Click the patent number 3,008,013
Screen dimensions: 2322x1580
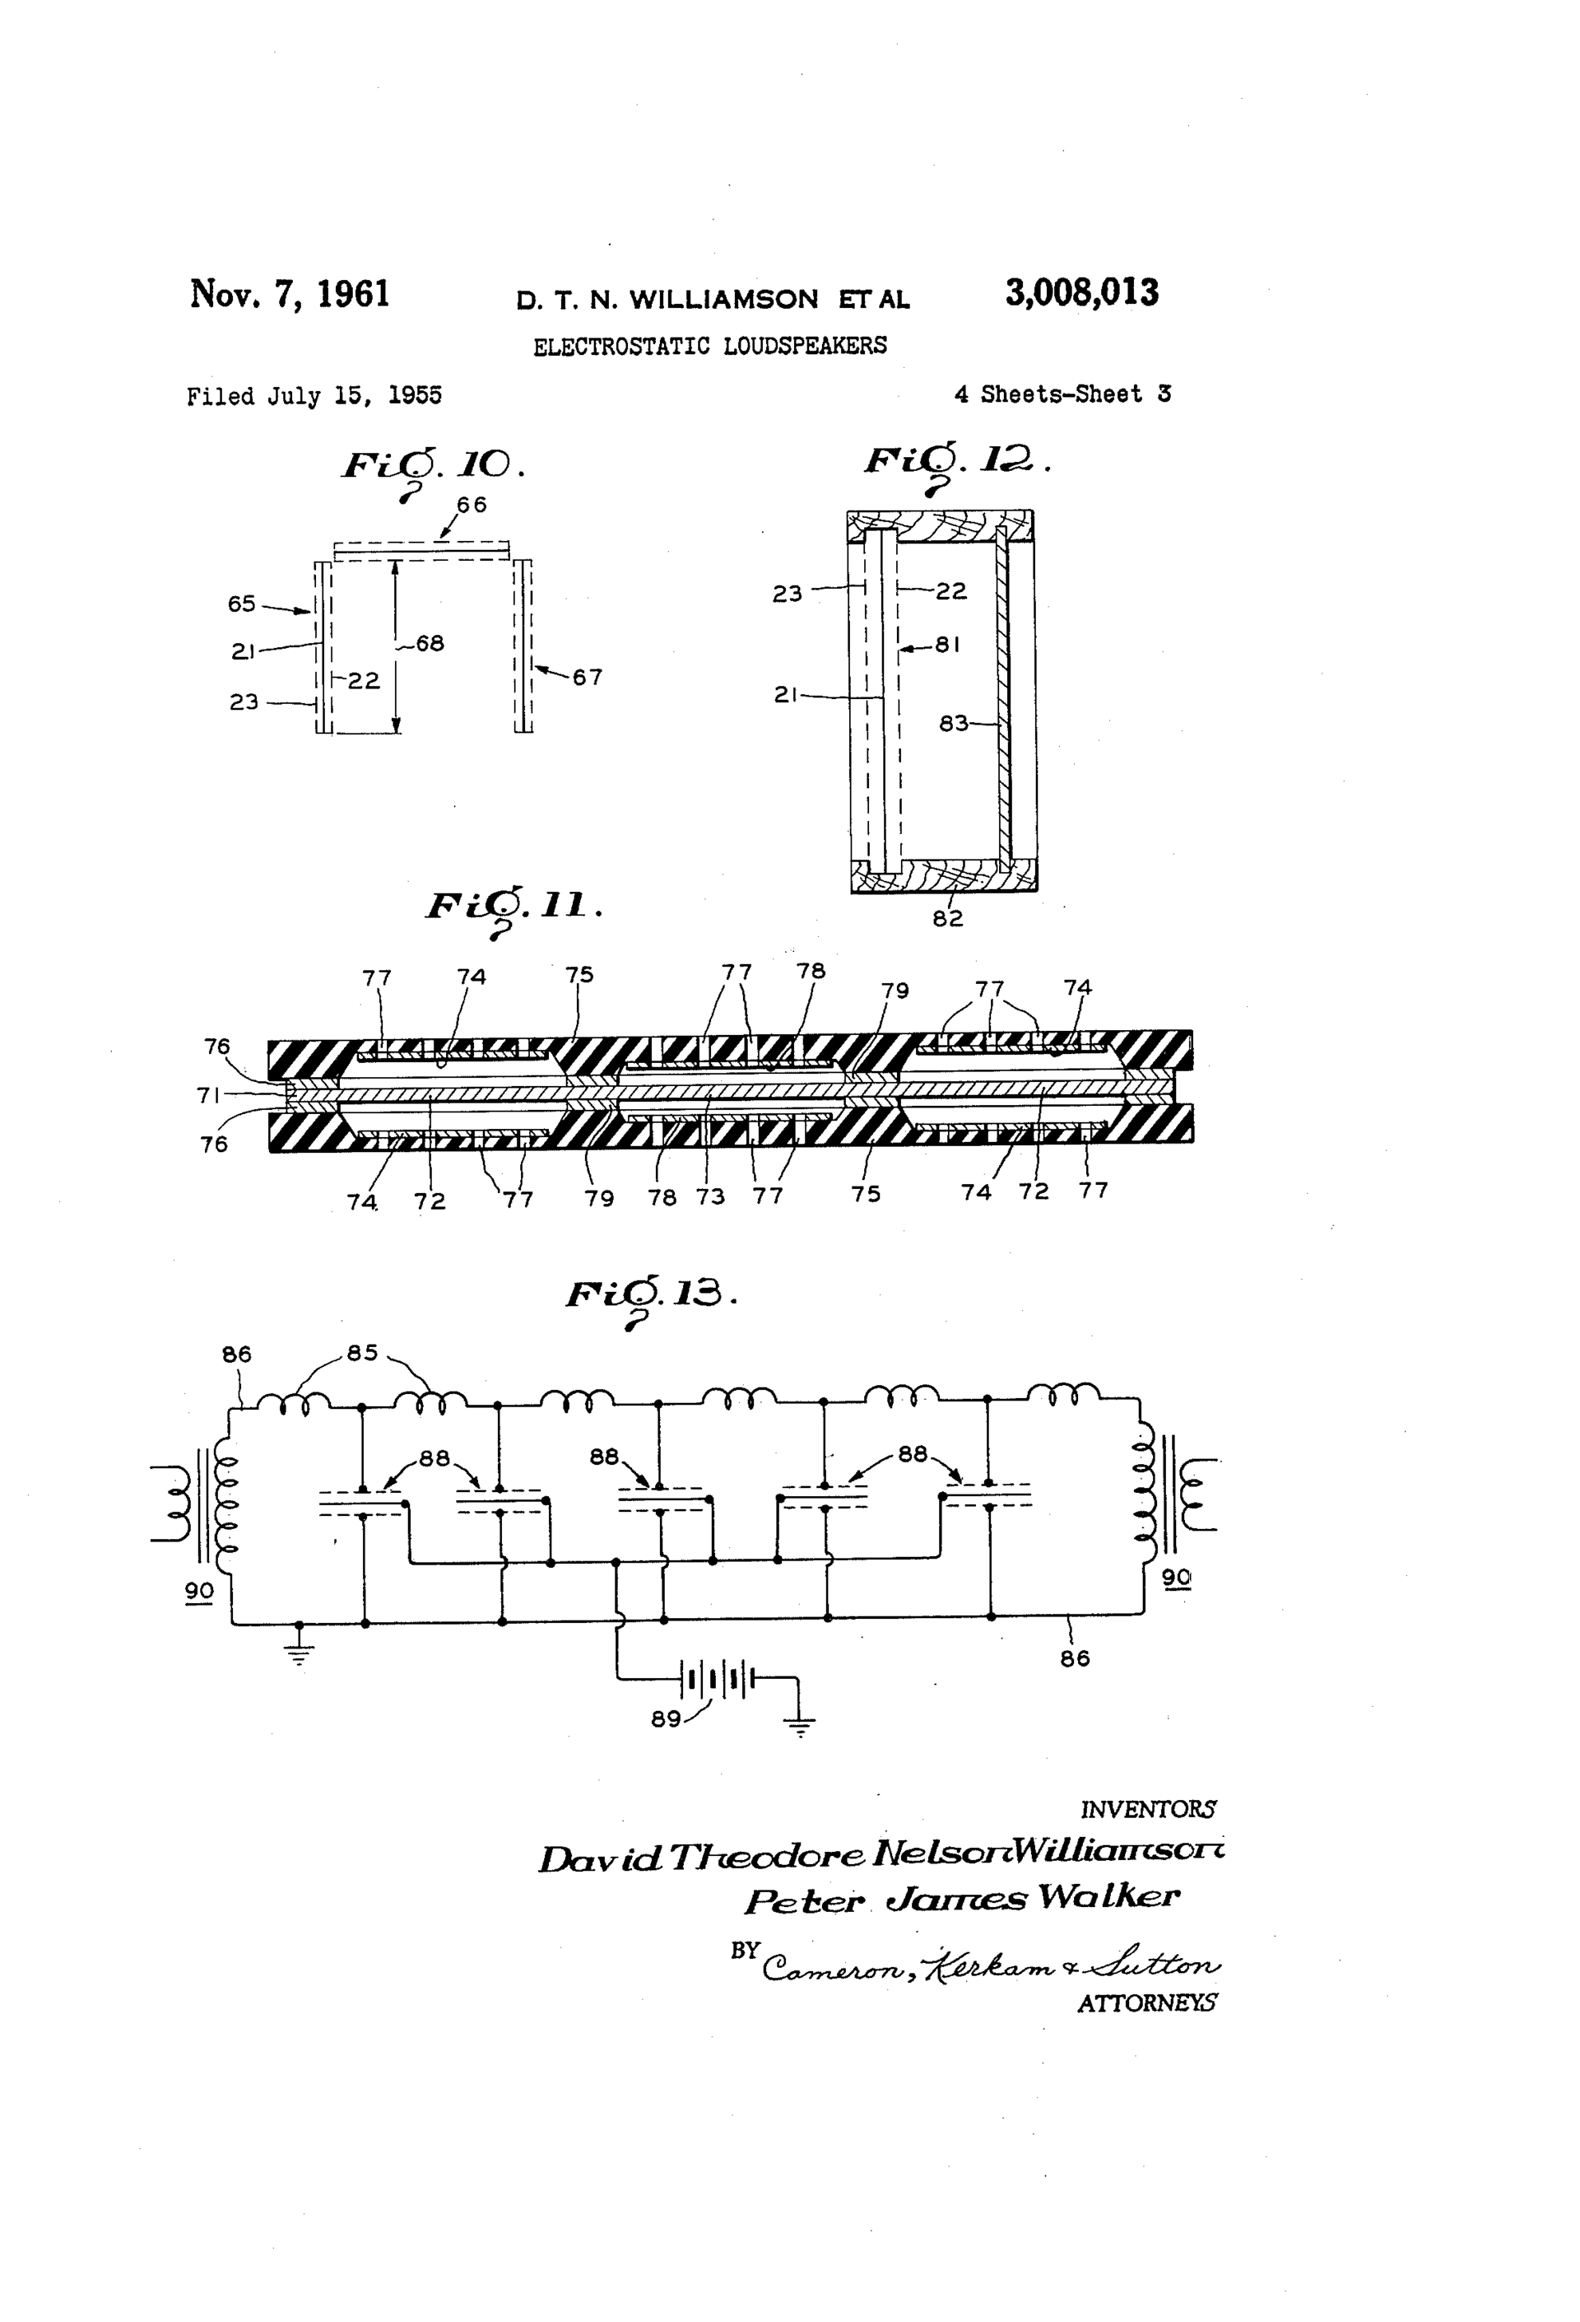[1080, 293]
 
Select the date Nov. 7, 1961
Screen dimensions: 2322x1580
[290, 295]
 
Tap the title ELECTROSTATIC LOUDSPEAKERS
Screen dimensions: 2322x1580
[709, 346]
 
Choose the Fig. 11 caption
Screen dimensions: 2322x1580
[513, 907]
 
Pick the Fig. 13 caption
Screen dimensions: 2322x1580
[650, 1295]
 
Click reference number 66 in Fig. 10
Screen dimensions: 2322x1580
[472, 505]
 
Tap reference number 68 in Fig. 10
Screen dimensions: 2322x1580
[430, 643]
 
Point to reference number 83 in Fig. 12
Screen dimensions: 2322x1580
[954, 724]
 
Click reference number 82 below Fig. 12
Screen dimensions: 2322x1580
[947, 918]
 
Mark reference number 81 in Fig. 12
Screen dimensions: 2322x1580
[948, 646]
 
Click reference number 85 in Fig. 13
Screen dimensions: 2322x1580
[361, 1353]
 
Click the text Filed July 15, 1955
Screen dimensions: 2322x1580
[314, 396]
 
